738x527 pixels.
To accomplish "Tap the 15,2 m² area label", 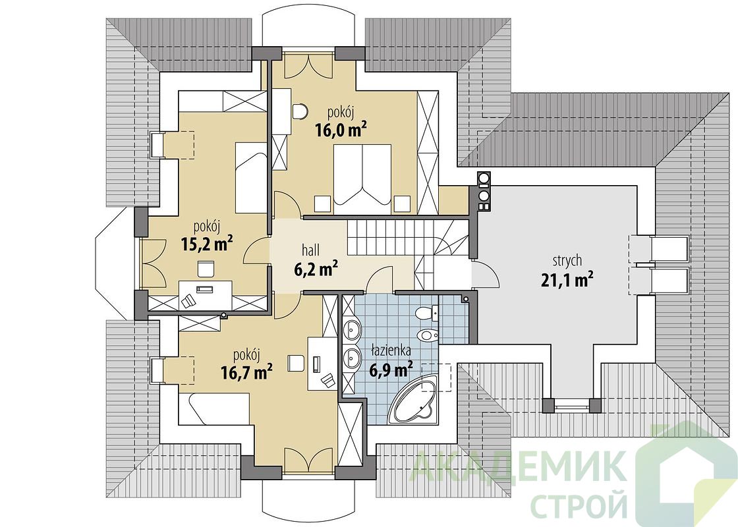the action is (x=207, y=244).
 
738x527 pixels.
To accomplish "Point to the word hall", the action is (x=311, y=252).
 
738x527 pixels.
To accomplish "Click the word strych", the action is (x=567, y=261).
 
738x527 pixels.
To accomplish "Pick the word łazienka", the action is (x=391, y=350).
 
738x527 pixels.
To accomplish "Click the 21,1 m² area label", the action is (x=565, y=279).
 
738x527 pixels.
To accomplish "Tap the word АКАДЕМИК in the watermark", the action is (x=519, y=464).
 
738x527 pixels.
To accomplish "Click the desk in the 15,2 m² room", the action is (x=205, y=288).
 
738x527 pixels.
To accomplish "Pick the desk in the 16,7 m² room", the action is (x=322, y=363).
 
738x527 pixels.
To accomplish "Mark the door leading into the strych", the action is (x=484, y=274).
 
